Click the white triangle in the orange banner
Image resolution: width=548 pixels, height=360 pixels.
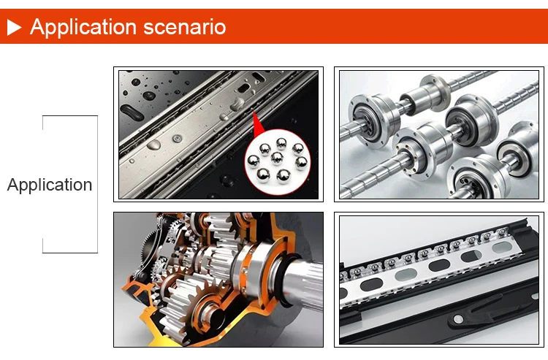[14, 27]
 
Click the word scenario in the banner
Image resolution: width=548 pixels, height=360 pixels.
[185, 27]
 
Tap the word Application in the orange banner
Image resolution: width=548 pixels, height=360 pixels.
[83, 27]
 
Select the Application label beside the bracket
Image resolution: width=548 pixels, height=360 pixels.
[50, 184]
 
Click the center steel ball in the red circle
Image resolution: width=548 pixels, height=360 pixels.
[277, 158]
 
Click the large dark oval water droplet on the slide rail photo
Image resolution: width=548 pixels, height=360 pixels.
[132, 112]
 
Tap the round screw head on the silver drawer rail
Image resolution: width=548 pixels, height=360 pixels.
[178, 139]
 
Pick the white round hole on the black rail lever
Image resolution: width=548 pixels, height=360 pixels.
[458, 318]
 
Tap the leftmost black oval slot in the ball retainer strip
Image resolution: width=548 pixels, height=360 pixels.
[371, 286]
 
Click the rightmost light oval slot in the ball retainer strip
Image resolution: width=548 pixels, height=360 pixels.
[502, 248]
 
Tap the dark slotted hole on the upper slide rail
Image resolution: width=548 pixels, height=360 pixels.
[243, 88]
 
